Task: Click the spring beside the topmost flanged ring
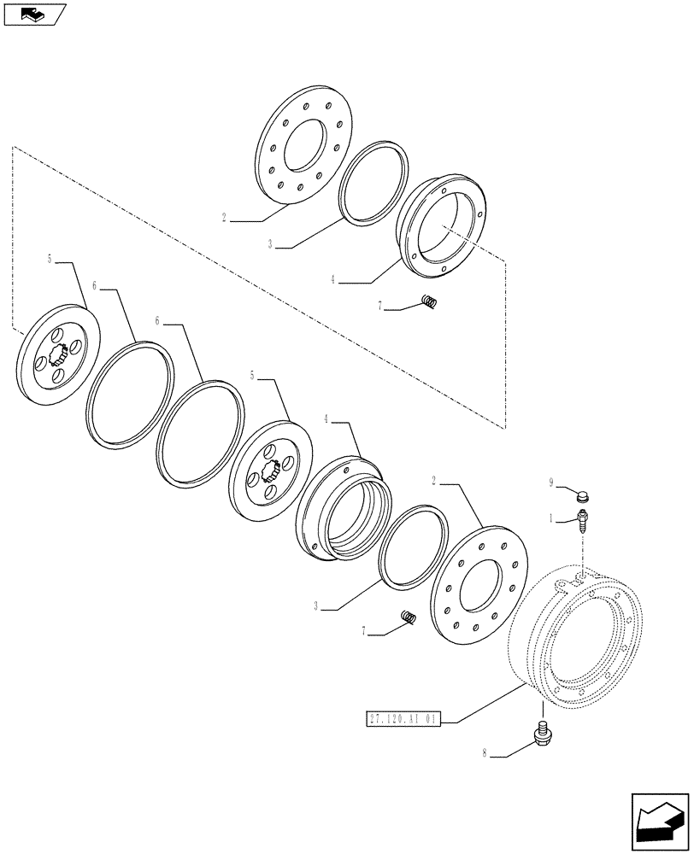tap(431, 301)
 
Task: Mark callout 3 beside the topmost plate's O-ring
tap(270, 244)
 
